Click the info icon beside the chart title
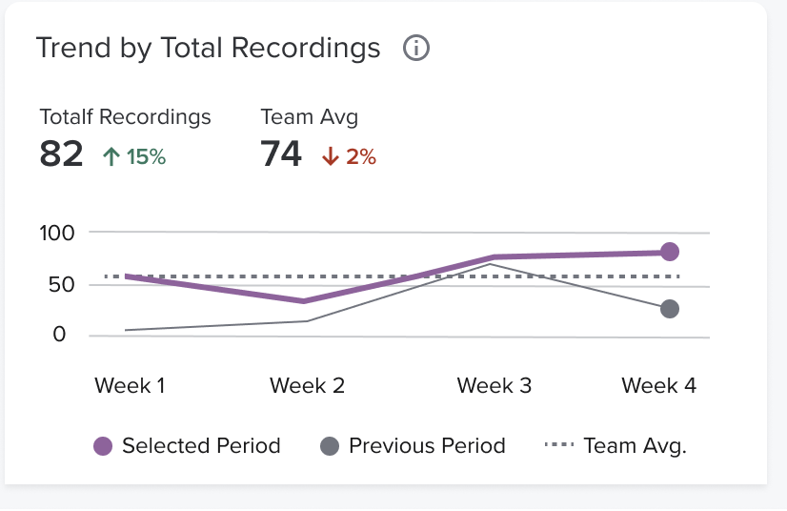pyautogui.click(x=416, y=49)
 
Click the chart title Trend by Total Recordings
pyautogui.click(x=208, y=49)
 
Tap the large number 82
pyautogui.click(x=62, y=154)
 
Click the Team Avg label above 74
pyautogui.click(x=310, y=117)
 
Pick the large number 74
pyautogui.click(x=281, y=154)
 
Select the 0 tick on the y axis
pyautogui.click(x=60, y=335)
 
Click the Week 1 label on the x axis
pyautogui.click(x=130, y=386)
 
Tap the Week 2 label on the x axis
pyautogui.click(x=307, y=386)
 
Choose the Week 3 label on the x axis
pyautogui.click(x=494, y=386)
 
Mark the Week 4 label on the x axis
pyautogui.click(x=658, y=386)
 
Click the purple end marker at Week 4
pyautogui.click(x=669, y=252)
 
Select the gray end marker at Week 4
pyautogui.click(x=670, y=309)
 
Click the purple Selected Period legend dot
pyautogui.click(x=103, y=446)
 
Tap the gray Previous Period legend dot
pyautogui.click(x=330, y=446)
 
